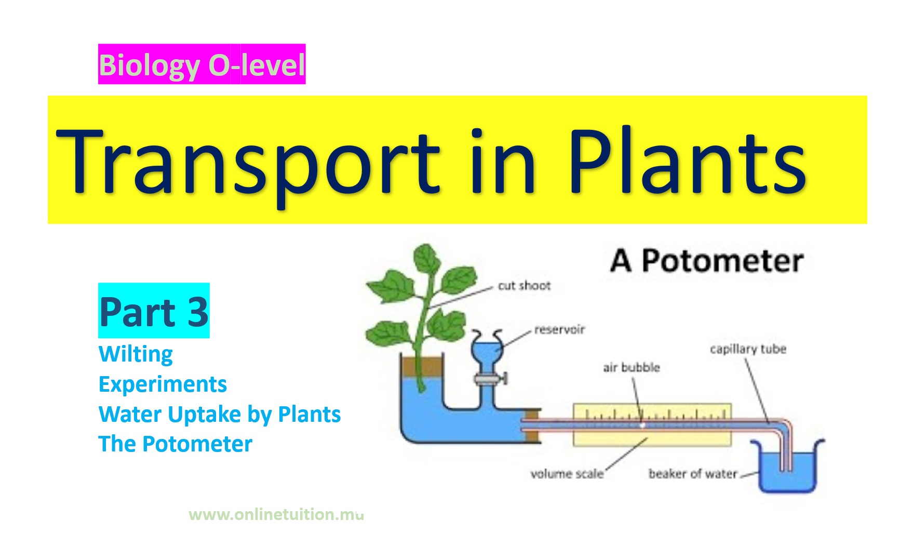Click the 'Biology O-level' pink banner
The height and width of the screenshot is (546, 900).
202,64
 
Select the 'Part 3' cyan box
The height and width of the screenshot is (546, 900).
154,311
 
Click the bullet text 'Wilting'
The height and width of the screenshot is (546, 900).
136,355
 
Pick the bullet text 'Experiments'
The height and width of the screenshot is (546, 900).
163,385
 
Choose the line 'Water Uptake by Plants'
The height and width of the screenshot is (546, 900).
220,415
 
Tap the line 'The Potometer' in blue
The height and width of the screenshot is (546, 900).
176,444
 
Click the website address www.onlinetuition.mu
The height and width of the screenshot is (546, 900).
276,514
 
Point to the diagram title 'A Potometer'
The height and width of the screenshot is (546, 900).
707,261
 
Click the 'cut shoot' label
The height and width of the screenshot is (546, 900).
524,286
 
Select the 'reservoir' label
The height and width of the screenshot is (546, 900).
559,329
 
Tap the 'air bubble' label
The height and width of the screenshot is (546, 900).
631,368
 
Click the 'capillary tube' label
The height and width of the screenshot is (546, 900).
748,349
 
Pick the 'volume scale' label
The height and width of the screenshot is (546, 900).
567,474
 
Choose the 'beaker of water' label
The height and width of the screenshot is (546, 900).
693,474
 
